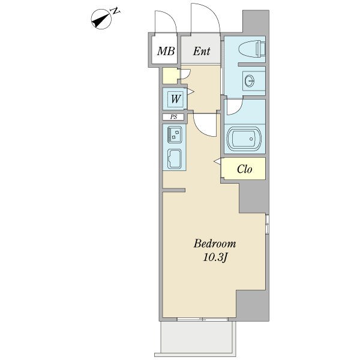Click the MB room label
tap(166, 51)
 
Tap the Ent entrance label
tap(202, 51)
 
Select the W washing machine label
tap(176, 99)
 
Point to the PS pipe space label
tap(173, 117)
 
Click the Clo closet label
tap(245, 169)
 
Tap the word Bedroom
tap(215, 244)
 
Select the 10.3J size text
tap(215, 257)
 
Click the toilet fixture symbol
tap(252, 49)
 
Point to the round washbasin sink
tap(250, 81)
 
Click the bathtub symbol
tap(244, 139)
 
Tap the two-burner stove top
tap(175, 134)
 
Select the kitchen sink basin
tap(175, 158)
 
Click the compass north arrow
tap(101, 19)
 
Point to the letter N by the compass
tap(115, 11)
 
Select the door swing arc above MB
tap(170, 17)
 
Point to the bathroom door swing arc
tap(238, 110)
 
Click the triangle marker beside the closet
tap(217, 161)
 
